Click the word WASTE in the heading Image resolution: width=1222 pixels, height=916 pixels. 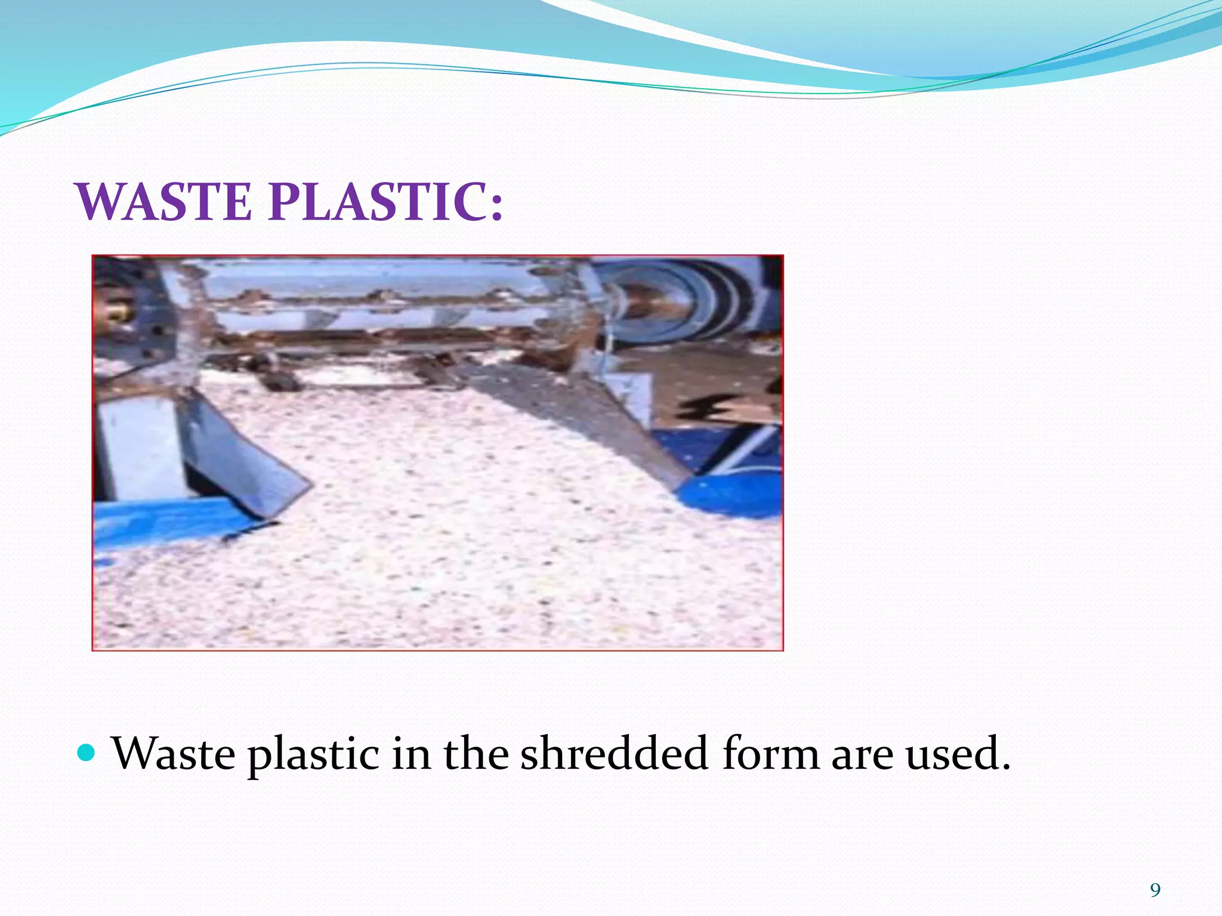pyautogui.click(x=164, y=202)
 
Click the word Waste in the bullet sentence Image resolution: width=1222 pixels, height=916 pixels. pyautogui.click(x=174, y=754)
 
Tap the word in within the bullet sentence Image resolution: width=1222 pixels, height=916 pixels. pyautogui.click(x=411, y=754)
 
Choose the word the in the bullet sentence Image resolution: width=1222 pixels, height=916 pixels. pyautogui.click(x=476, y=754)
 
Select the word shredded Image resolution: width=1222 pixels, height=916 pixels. pyautogui.click(x=614, y=754)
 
